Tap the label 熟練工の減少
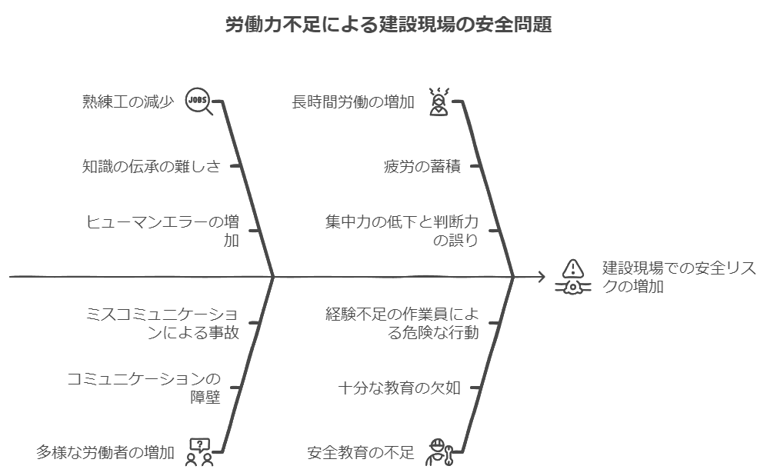click(x=128, y=102)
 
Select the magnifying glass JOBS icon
click(x=199, y=102)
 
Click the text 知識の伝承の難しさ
click(x=151, y=165)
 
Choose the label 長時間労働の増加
click(x=353, y=102)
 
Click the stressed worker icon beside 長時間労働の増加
click(x=439, y=102)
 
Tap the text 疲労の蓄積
click(x=422, y=165)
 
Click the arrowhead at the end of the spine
click(x=542, y=276)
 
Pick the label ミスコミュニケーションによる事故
click(x=162, y=324)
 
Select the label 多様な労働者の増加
click(x=105, y=452)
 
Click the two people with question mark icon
click(x=200, y=452)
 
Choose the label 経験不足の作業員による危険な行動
click(x=401, y=324)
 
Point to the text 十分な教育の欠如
click(x=399, y=388)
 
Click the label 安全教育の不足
click(x=360, y=452)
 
